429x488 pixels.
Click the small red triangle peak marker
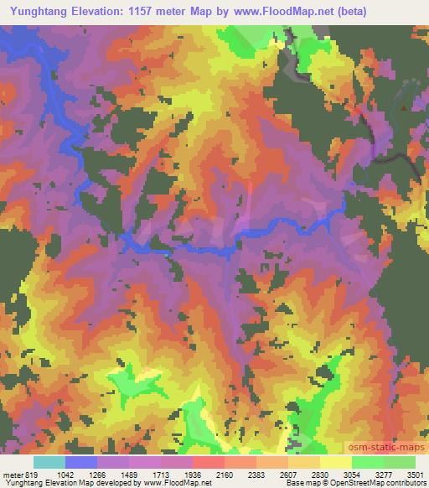click(x=405, y=107)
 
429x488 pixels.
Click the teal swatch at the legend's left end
click(x=49, y=462)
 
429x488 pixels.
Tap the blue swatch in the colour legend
click(x=81, y=462)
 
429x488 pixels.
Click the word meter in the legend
click(x=13, y=474)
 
